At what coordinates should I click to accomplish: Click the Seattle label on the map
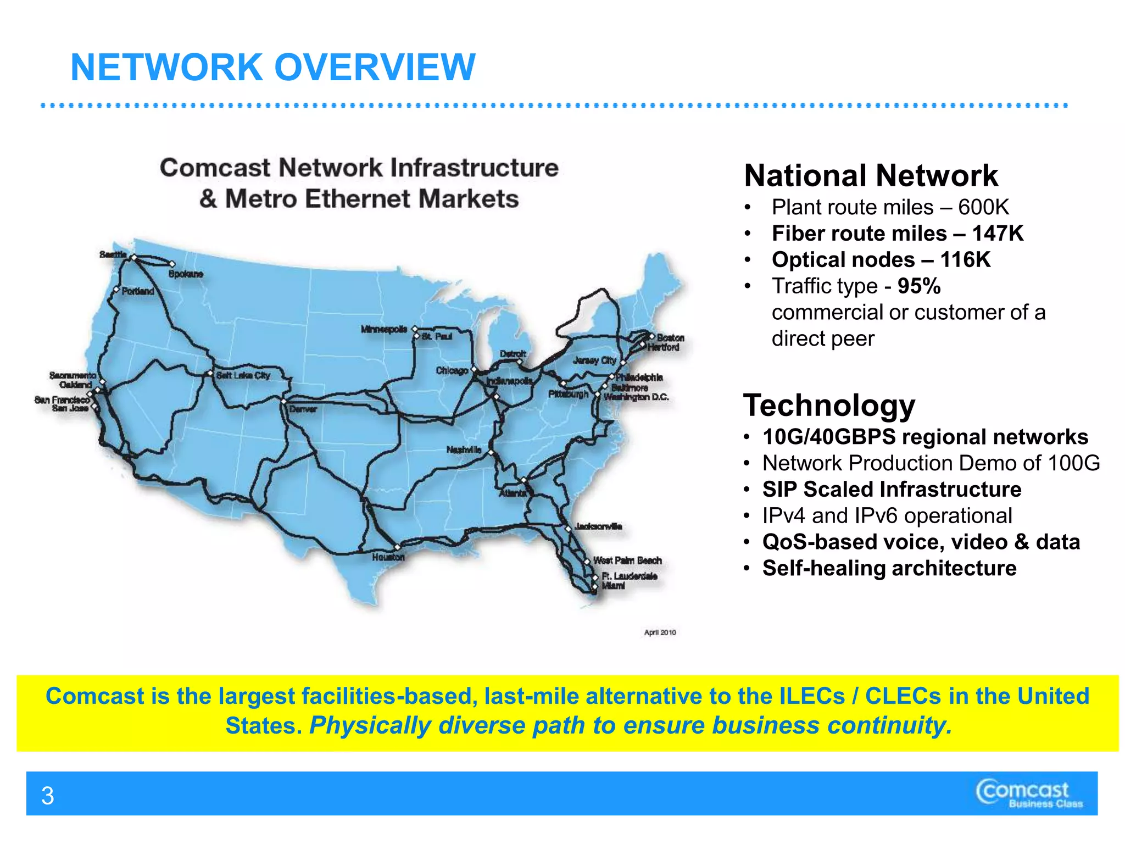[113, 254]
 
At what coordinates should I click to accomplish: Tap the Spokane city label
[186, 274]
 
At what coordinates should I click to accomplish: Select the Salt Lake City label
[243, 375]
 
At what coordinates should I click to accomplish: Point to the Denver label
[303, 409]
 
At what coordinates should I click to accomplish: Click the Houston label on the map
[388, 557]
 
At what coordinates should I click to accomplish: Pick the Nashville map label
[464, 449]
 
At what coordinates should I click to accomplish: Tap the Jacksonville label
[598, 526]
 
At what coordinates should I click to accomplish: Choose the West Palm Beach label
[627, 560]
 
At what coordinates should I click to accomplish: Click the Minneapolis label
[384, 329]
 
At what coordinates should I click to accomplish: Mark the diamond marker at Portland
[116, 290]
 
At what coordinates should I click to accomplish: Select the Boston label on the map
[671, 337]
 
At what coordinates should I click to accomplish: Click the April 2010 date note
[660, 632]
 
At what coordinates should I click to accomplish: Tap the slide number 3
[48, 796]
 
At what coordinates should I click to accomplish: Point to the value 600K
[984, 207]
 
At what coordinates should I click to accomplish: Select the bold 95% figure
[919, 286]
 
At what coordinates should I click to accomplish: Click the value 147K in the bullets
[998, 234]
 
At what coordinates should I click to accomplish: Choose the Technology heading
[829, 406]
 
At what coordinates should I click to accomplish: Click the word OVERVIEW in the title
[375, 68]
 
